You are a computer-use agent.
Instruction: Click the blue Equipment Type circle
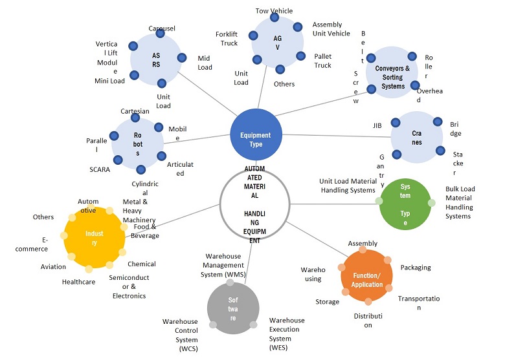coord(256,135)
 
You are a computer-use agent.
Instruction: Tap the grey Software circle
coord(232,308)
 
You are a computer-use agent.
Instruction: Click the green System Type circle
coord(405,204)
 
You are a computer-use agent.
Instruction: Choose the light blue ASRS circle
coord(155,59)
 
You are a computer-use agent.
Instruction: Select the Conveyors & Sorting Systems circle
coord(393,72)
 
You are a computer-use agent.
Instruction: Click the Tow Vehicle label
coord(274,11)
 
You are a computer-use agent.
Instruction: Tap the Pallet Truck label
coord(322,61)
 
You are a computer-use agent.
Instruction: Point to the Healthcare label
coord(78,282)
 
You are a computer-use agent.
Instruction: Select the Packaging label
coord(416,268)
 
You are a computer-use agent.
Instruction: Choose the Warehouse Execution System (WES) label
coord(287,334)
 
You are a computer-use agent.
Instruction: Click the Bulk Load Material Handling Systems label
coord(460,202)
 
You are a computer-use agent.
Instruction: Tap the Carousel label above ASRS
coord(162,28)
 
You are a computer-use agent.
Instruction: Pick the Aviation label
coord(53,266)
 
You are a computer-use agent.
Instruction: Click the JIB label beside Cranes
coord(377,125)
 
